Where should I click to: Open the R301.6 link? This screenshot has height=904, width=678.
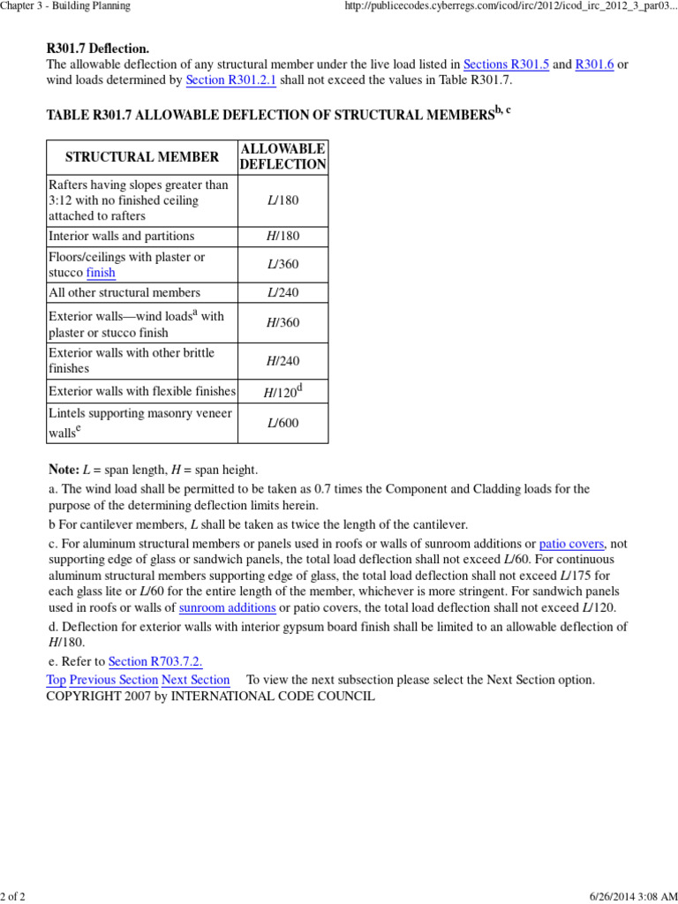pyautogui.click(x=594, y=64)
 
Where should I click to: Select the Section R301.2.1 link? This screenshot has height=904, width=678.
pyautogui.click(x=231, y=80)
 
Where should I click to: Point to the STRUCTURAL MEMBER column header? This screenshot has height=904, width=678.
pyautogui.click(x=142, y=157)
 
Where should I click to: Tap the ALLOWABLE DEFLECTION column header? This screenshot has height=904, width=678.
pyautogui.click(x=282, y=157)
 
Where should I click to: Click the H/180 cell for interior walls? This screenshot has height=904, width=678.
pyautogui.click(x=282, y=236)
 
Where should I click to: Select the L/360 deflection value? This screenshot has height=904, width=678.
pyautogui.click(x=282, y=265)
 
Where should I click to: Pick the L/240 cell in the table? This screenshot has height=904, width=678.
pyautogui.click(x=282, y=292)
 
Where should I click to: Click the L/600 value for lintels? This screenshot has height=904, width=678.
pyautogui.click(x=282, y=423)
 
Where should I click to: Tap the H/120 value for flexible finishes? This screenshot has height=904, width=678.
pyautogui.click(x=281, y=392)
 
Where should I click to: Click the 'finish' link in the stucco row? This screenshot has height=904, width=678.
pyautogui.click(x=101, y=273)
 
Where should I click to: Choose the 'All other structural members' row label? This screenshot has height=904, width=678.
pyautogui.click(x=124, y=292)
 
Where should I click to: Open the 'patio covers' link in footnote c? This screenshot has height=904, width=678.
pyautogui.click(x=571, y=544)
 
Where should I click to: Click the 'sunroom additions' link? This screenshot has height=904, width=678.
pyautogui.click(x=227, y=608)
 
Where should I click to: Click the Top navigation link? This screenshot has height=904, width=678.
pyautogui.click(x=56, y=680)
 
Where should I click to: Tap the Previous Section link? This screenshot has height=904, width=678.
pyautogui.click(x=114, y=680)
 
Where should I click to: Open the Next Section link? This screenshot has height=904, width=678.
pyautogui.click(x=195, y=680)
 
